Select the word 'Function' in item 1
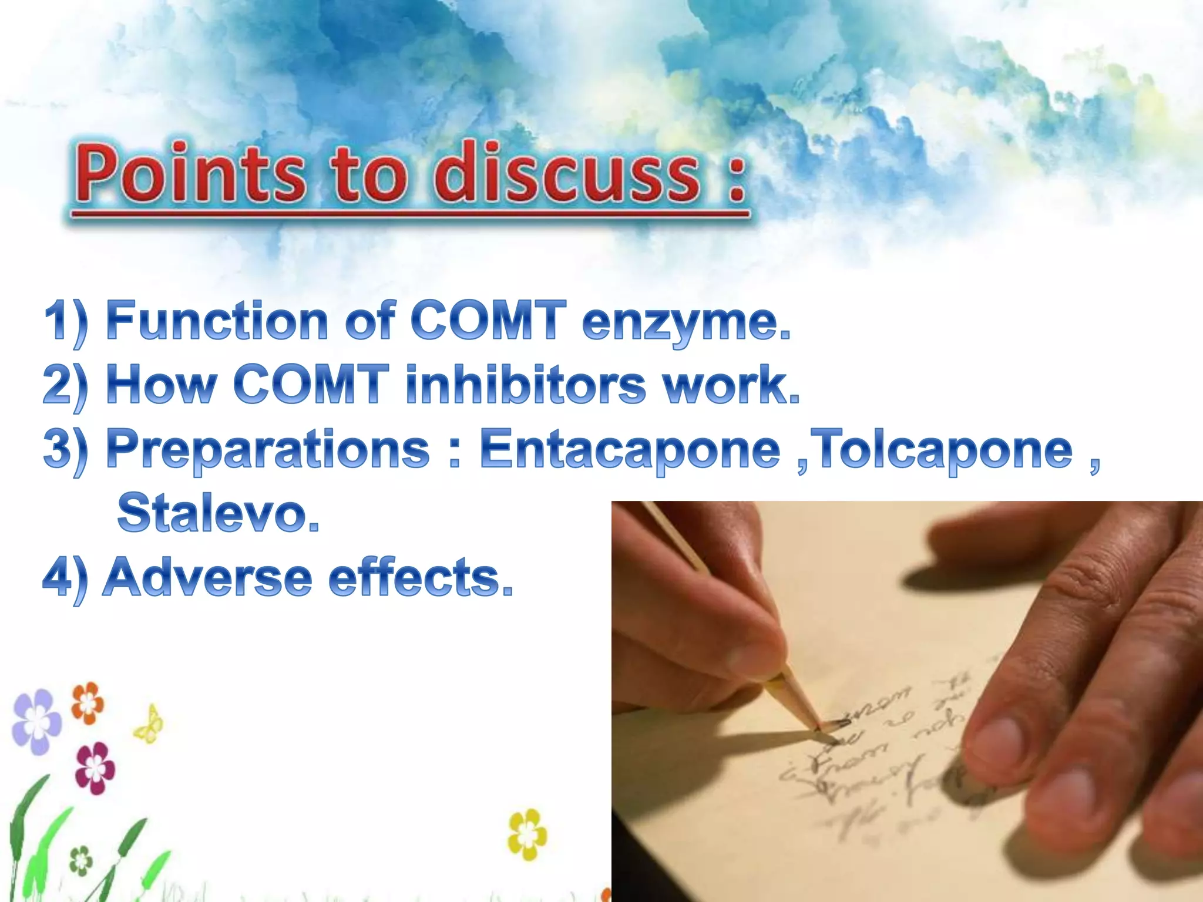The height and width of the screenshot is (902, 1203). click(x=217, y=321)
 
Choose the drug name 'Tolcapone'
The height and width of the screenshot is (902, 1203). click(x=946, y=450)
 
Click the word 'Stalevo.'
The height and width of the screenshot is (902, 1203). click(x=218, y=513)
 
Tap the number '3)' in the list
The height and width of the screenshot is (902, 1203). click(x=65, y=450)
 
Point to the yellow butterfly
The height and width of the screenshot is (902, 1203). click(x=149, y=725)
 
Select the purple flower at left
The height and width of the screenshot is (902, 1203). click(x=36, y=721)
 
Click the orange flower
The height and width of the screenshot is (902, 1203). click(x=88, y=702)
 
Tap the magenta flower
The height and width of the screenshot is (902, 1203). click(x=95, y=768)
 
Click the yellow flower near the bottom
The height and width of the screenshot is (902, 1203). click(x=527, y=834)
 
